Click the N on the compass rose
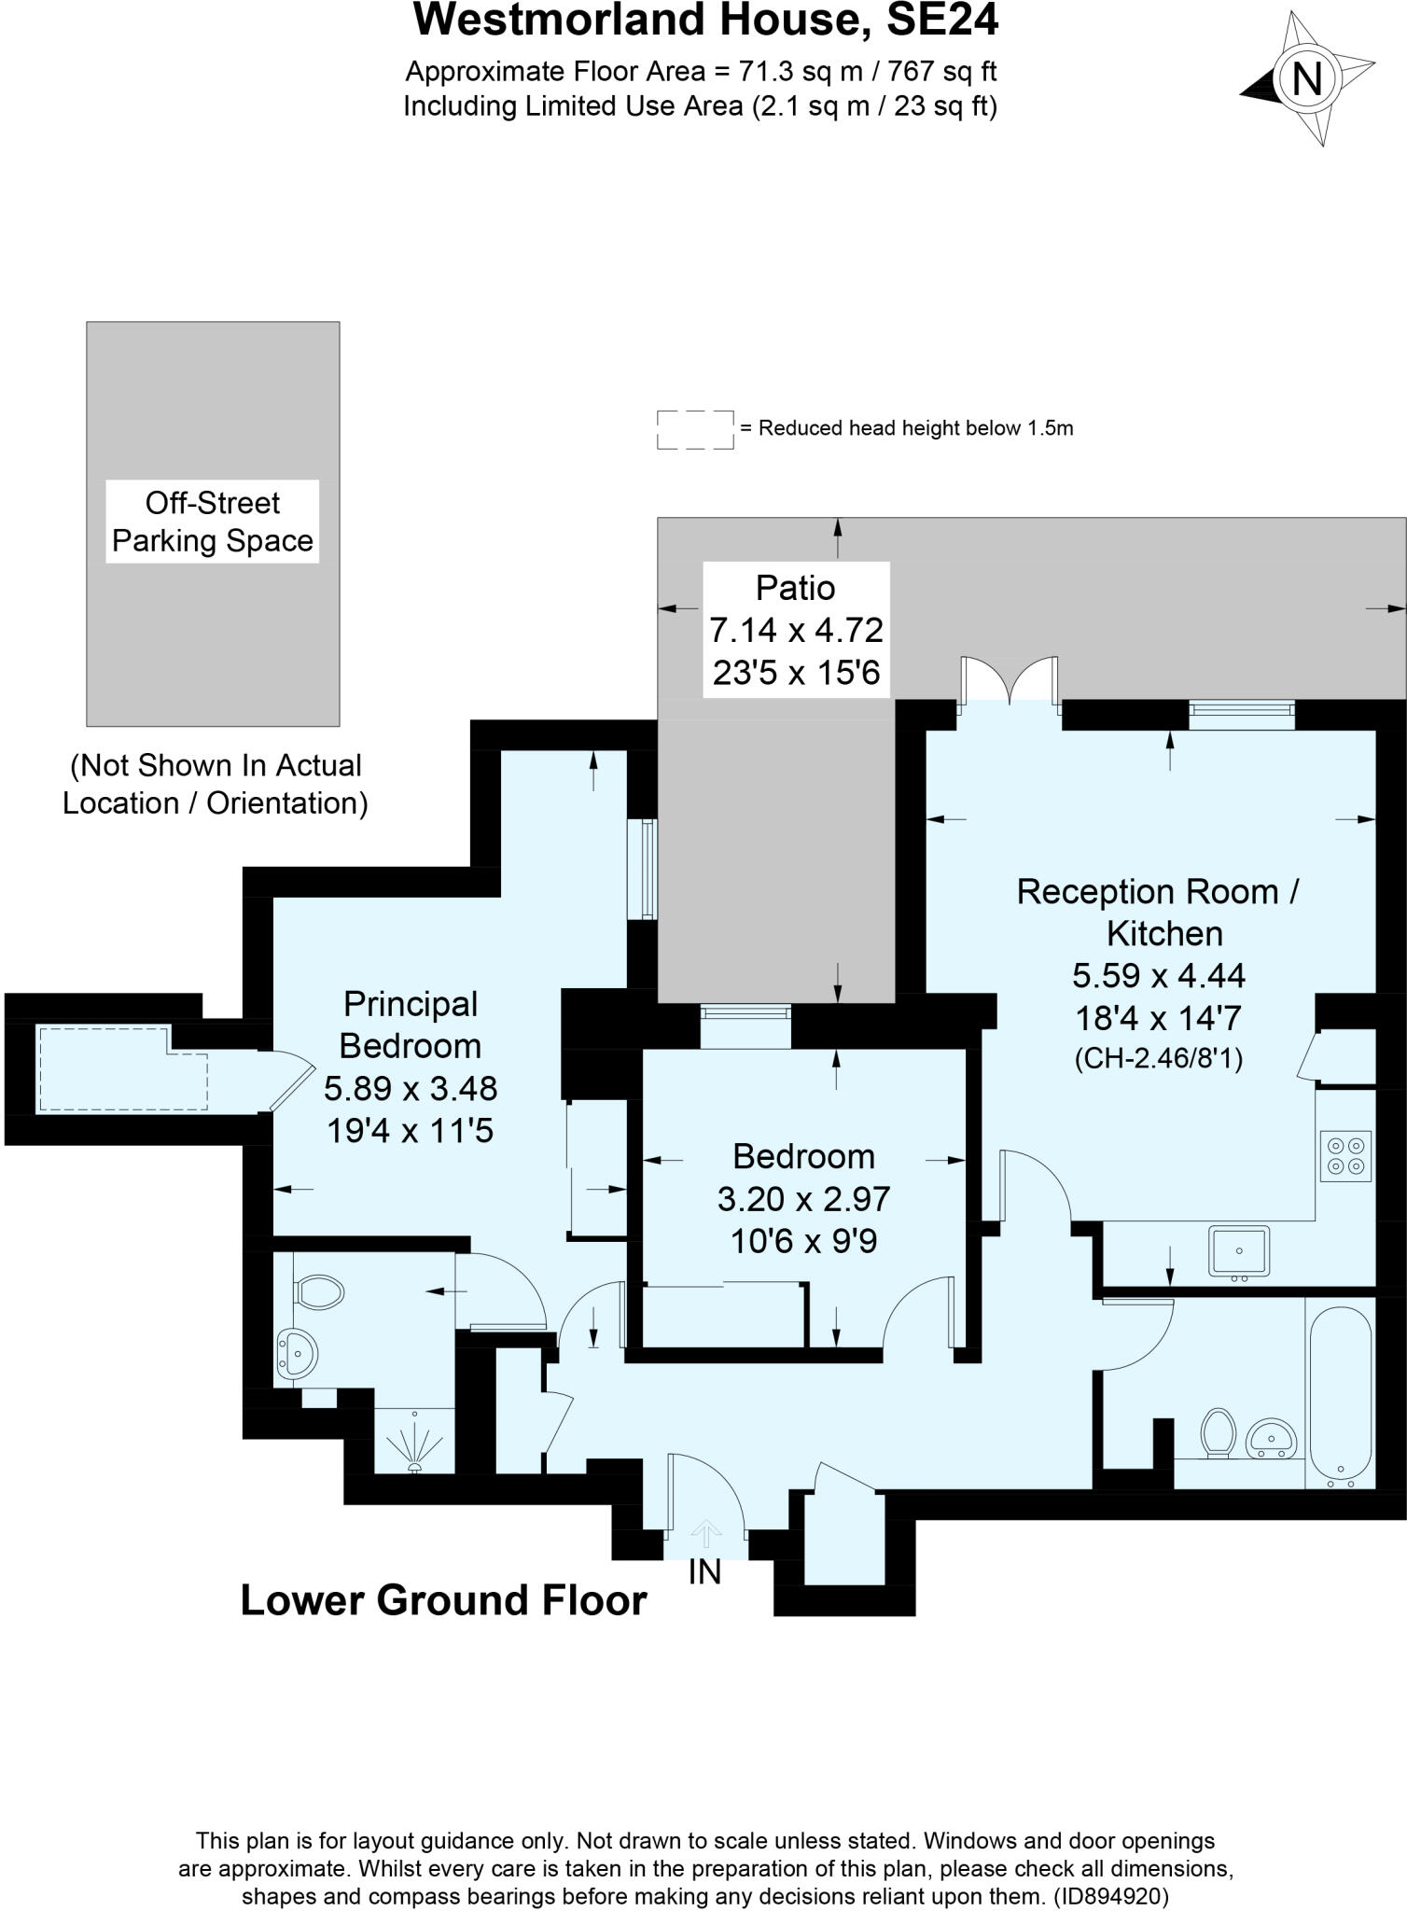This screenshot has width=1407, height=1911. [1306, 79]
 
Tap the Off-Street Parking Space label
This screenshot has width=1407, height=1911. [213, 522]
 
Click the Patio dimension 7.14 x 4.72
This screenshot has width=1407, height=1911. [796, 630]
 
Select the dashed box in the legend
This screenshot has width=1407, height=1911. [695, 429]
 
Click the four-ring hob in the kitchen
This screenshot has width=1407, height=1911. [1345, 1155]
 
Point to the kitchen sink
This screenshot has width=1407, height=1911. [1238, 1250]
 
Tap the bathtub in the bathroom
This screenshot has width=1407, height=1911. [1341, 1396]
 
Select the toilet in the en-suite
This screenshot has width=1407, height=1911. [317, 1292]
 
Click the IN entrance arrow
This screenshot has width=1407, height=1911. [705, 1533]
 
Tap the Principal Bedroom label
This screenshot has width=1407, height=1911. [411, 1025]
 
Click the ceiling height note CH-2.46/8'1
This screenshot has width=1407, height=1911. [1159, 1058]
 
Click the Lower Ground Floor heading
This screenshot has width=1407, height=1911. [443, 1599]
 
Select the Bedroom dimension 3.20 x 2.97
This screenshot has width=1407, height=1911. [803, 1199]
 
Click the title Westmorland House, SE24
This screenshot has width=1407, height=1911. [705, 21]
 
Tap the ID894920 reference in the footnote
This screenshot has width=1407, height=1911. [1110, 1896]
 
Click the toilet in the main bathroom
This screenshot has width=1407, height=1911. [1218, 1431]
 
